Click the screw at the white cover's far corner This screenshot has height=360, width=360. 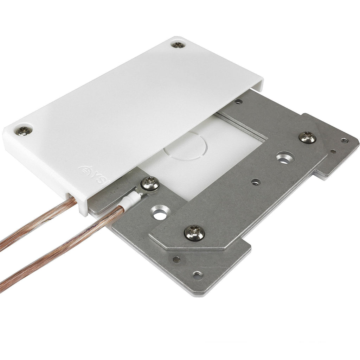(x=178, y=45)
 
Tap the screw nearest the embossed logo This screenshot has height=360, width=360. (x=24, y=131)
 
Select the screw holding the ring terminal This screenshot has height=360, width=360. (x=150, y=183)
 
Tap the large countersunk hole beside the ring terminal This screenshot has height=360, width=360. (x=160, y=213)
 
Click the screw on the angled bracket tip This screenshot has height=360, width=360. (x=194, y=233)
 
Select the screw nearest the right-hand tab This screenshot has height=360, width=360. (x=307, y=137)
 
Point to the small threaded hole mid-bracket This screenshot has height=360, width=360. (x=256, y=182)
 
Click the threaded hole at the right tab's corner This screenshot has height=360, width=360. (x=344, y=140)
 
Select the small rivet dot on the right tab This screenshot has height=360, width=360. (x=333, y=152)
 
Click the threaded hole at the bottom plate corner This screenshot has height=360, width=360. (x=198, y=274)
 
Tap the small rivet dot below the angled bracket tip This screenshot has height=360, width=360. (x=176, y=259)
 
